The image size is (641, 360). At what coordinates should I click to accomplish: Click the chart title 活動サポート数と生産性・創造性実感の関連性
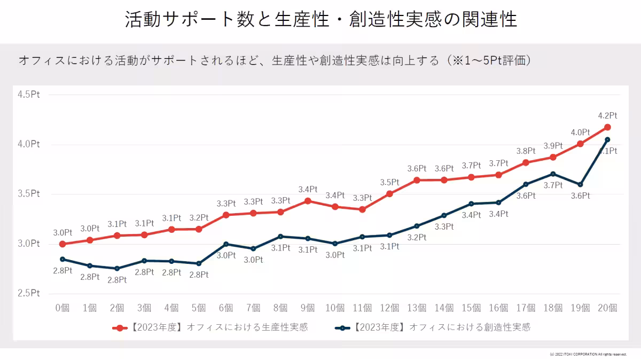click(x=320, y=20)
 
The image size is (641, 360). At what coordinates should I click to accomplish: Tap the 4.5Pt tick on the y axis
click(x=29, y=95)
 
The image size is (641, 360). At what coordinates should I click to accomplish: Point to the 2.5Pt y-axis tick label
click(x=29, y=293)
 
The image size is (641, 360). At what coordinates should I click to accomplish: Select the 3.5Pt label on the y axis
click(x=29, y=194)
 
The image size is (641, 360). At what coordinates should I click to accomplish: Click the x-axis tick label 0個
click(x=62, y=308)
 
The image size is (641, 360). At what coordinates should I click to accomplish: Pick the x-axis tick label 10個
click(x=334, y=308)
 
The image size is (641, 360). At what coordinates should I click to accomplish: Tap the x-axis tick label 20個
click(x=607, y=308)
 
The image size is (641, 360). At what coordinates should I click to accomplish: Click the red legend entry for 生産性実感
click(x=211, y=327)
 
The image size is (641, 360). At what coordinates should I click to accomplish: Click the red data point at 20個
click(x=607, y=127)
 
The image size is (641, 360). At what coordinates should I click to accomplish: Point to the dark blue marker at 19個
click(x=580, y=185)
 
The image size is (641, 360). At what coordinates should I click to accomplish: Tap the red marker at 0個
click(x=62, y=244)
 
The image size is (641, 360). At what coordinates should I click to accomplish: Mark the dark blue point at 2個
click(x=117, y=269)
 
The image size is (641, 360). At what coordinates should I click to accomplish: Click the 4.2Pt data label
click(x=607, y=115)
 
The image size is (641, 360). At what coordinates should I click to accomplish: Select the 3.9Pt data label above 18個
click(x=553, y=146)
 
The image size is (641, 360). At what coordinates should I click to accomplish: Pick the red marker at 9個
click(x=308, y=201)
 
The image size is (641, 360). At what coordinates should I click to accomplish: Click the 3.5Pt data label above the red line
click(x=389, y=182)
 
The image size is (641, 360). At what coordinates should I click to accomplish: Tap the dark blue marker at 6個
click(x=226, y=244)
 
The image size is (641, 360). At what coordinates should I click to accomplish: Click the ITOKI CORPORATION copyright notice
click(x=588, y=354)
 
